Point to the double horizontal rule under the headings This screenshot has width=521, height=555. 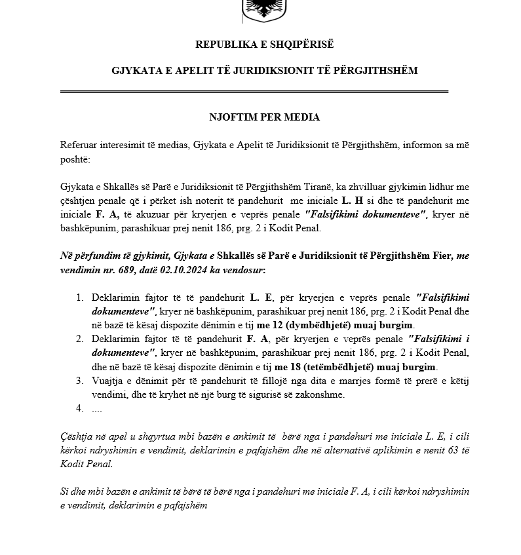click(254, 92)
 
